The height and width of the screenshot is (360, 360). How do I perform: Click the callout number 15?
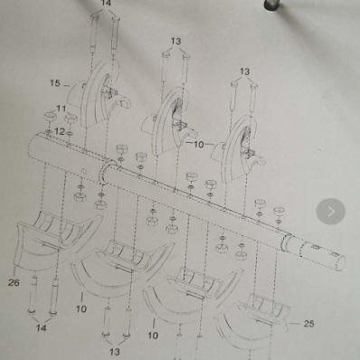pos(55,83)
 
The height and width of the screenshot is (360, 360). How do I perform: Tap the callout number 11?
pos(61,109)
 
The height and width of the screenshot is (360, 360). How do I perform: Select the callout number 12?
pos(59,131)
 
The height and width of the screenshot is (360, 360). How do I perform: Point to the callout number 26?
pos(14,282)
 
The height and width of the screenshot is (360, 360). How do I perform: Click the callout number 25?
pos(308,323)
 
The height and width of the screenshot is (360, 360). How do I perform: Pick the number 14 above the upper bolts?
pos(106,4)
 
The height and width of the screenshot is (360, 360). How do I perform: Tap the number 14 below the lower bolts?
pos(41,328)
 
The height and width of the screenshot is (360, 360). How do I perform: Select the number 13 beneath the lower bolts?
pos(115,351)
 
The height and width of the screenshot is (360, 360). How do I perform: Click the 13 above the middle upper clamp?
pos(175,41)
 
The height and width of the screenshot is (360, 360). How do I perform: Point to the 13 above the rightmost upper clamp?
pos(244,71)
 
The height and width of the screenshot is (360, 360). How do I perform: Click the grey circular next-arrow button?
pos(330,212)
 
